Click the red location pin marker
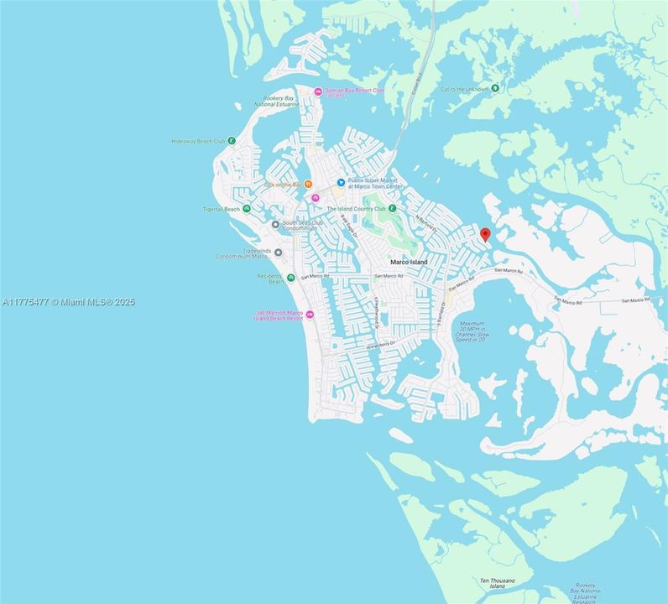pos(484,235)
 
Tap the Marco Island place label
pos(409,263)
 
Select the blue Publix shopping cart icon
pos(340,182)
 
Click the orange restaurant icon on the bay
pos(308,184)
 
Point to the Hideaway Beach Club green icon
pos(232,142)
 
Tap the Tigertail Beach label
pos(221,209)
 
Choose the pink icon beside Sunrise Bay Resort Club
pos(317,91)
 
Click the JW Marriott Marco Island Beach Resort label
pos(279,316)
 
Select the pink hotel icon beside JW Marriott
pos(310,315)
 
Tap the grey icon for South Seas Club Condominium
pos(275,225)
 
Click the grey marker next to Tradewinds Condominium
pos(278,252)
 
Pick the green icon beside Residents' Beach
pos(290,278)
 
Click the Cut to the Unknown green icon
pos(495,87)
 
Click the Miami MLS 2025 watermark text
pos(68,302)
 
